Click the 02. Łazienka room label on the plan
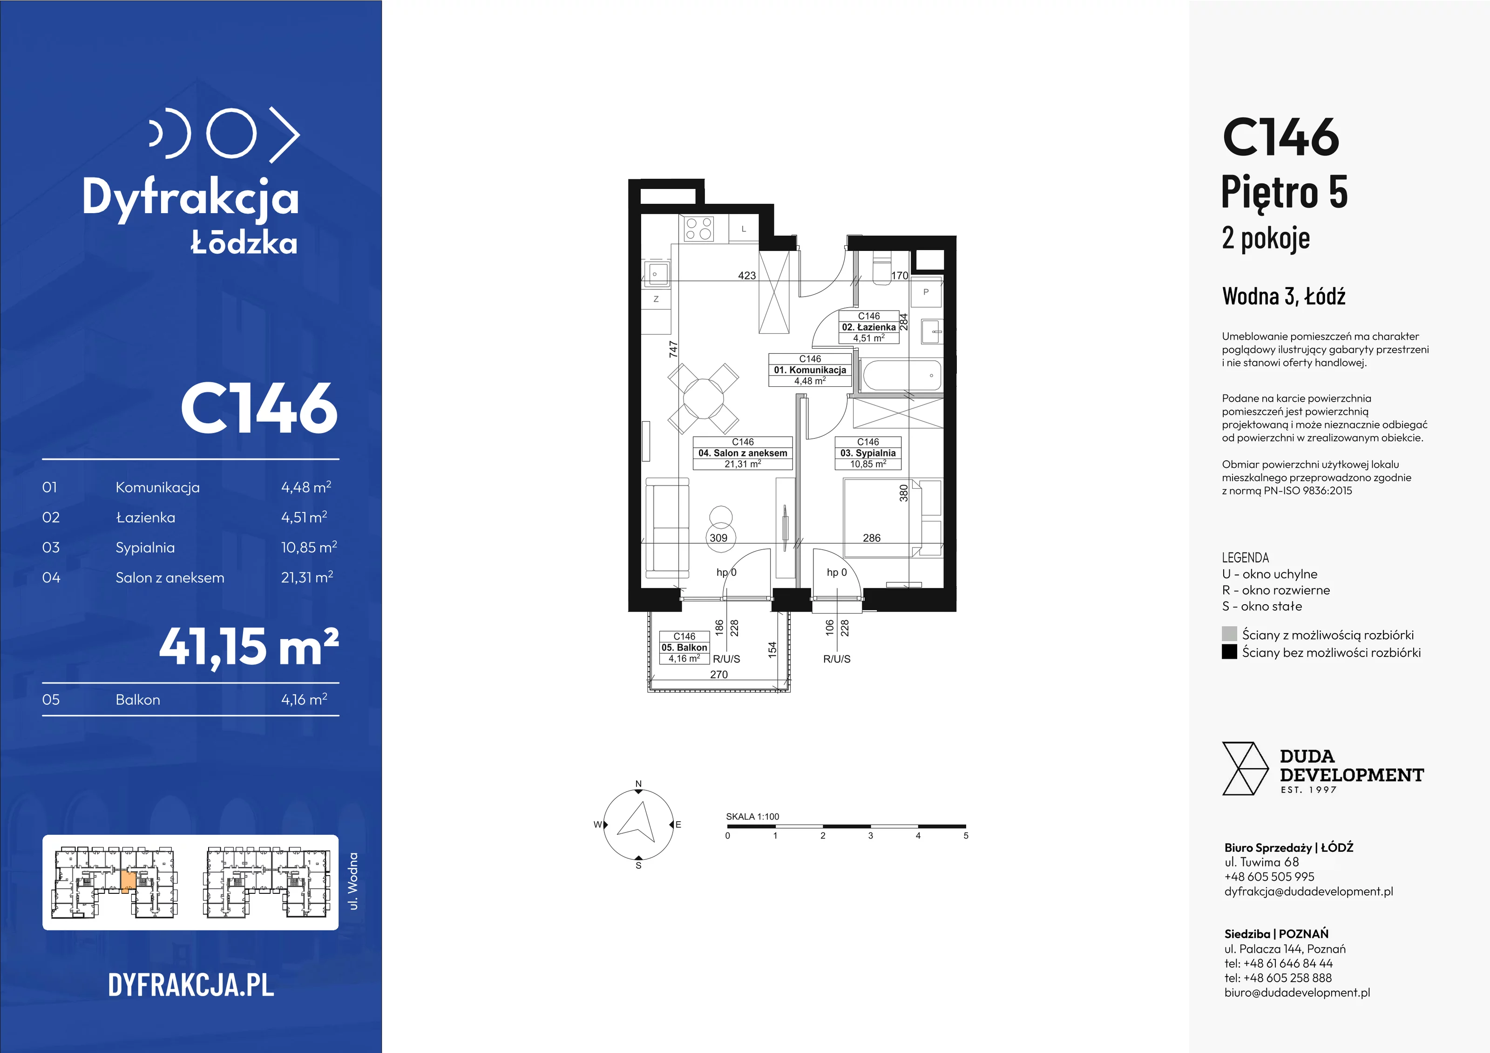click(869, 327)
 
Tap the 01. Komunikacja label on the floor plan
click(810, 370)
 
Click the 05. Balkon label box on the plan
click(684, 648)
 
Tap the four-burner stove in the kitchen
click(699, 229)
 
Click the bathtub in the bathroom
click(901, 376)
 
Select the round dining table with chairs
click(704, 398)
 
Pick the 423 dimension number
click(747, 276)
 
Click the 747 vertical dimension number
click(674, 349)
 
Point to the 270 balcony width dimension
click(719, 675)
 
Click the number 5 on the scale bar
click(966, 836)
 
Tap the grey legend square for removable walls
click(1229, 634)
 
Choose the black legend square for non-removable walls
click(1229, 651)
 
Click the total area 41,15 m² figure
click(249, 647)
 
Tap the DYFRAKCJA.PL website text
click(191, 985)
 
